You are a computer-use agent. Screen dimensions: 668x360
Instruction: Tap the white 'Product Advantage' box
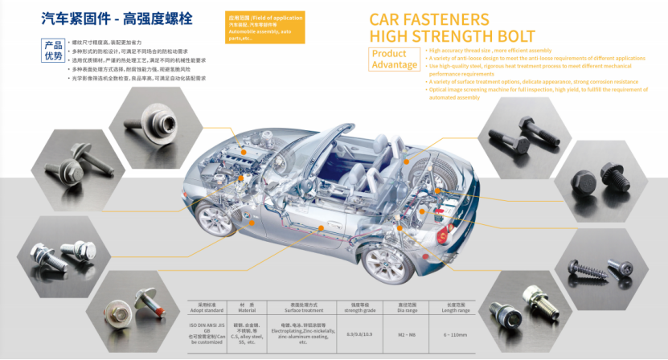coord(395,59)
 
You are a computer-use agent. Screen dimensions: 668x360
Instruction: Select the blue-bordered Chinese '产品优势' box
coord(53,51)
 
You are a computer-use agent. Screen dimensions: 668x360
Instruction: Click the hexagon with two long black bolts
coord(522,137)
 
